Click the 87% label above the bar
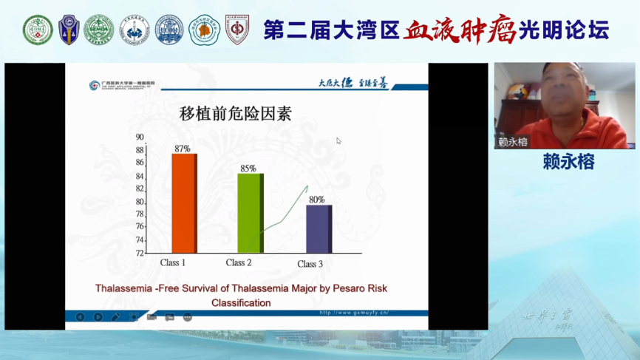(x=183, y=149)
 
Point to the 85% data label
(x=248, y=169)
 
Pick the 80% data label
(x=316, y=200)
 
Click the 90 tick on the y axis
(x=140, y=137)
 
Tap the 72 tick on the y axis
(x=140, y=253)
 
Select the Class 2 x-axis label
(x=239, y=263)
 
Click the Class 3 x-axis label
(x=310, y=264)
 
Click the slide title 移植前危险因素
(x=235, y=114)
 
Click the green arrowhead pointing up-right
(x=306, y=188)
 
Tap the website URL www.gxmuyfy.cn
(x=354, y=313)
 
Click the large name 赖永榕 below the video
(x=568, y=162)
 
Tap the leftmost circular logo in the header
(x=38, y=30)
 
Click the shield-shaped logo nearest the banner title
(x=237, y=30)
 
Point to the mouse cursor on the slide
(x=338, y=140)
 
